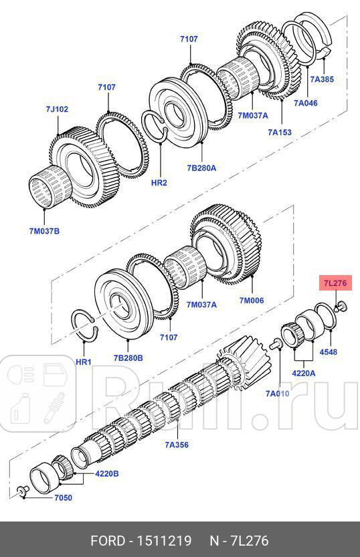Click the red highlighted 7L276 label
click(335, 283)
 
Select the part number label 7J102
click(57, 109)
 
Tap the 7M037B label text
click(43, 231)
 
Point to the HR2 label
click(159, 182)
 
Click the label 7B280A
click(201, 168)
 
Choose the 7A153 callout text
click(279, 133)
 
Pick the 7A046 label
click(305, 103)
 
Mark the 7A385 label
click(322, 79)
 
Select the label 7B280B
click(128, 358)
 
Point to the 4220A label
click(303, 374)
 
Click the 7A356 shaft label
click(177, 444)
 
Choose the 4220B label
click(106, 473)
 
